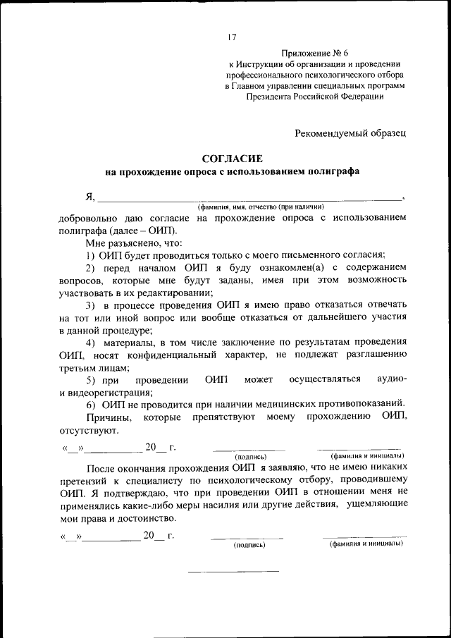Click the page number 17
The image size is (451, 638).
point(232,37)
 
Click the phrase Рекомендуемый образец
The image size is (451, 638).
point(350,132)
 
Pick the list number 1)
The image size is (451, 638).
point(91,254)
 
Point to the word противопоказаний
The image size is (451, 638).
point(359,404)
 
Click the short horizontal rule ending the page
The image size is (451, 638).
point(232,570)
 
